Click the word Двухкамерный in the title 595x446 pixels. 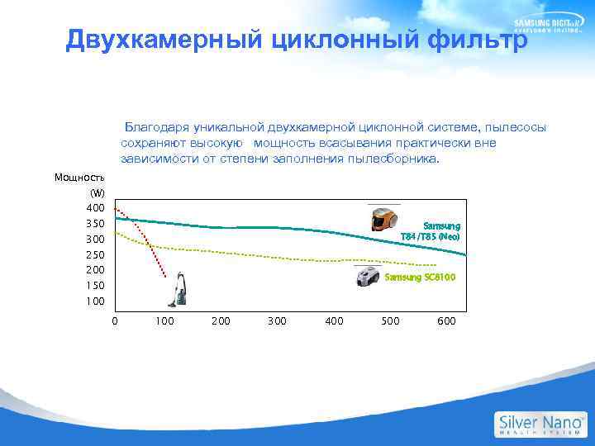pyautogui.click(x=147, y=39)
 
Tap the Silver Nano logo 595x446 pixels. pyautogui.click(x=540, y=424)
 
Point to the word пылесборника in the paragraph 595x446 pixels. pyautogui.click(x=395, y=158)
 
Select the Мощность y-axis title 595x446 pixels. pyautogui.click(x=79, y=177)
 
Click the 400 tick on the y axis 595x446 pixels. pyautogui.click(x=95, y=207)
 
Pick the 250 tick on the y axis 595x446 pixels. pyautogui.click(x=95, y=254)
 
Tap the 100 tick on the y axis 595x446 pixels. pyautogui.click(x=95, y=301)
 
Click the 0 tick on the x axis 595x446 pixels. pyautogui.click(x=115, y=320)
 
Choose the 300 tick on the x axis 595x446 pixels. pyautogui.click(x=277, y=320)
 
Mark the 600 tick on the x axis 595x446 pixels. pyautogui.click(x=445, y=320)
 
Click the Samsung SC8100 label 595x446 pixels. pyautogui.click(x=420, y=277)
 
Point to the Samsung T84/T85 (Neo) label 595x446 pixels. pyautogui.click(x=430, y=231)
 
